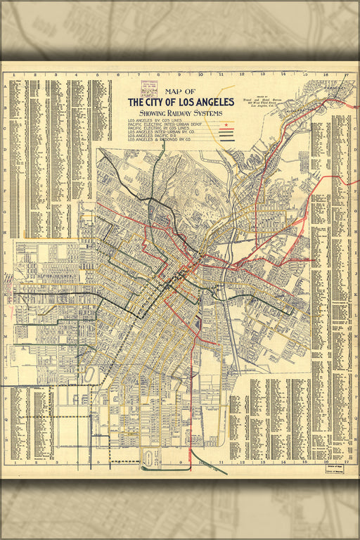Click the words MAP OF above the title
pos(180,91)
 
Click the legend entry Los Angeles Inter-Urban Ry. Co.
pos(165,132)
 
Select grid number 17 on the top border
pos(347,73)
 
